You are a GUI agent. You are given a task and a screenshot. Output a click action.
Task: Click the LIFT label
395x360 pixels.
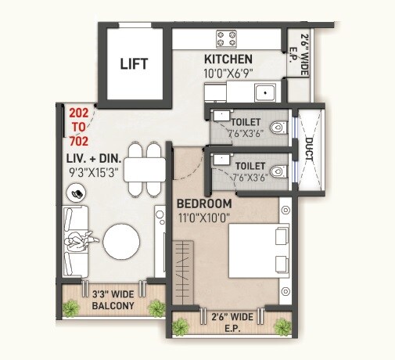[134, 64]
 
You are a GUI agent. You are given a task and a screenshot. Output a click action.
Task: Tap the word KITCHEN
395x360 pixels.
[228, 59]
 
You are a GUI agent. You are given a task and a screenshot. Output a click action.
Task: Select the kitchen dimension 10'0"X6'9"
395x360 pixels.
[228, 74]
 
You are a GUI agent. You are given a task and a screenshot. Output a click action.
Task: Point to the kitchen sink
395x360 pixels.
[264, 92]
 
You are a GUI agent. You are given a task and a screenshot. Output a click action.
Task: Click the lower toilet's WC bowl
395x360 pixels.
[277, 170]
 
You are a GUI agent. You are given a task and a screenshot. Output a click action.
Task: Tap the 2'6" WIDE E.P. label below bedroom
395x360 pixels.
[233, 322]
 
